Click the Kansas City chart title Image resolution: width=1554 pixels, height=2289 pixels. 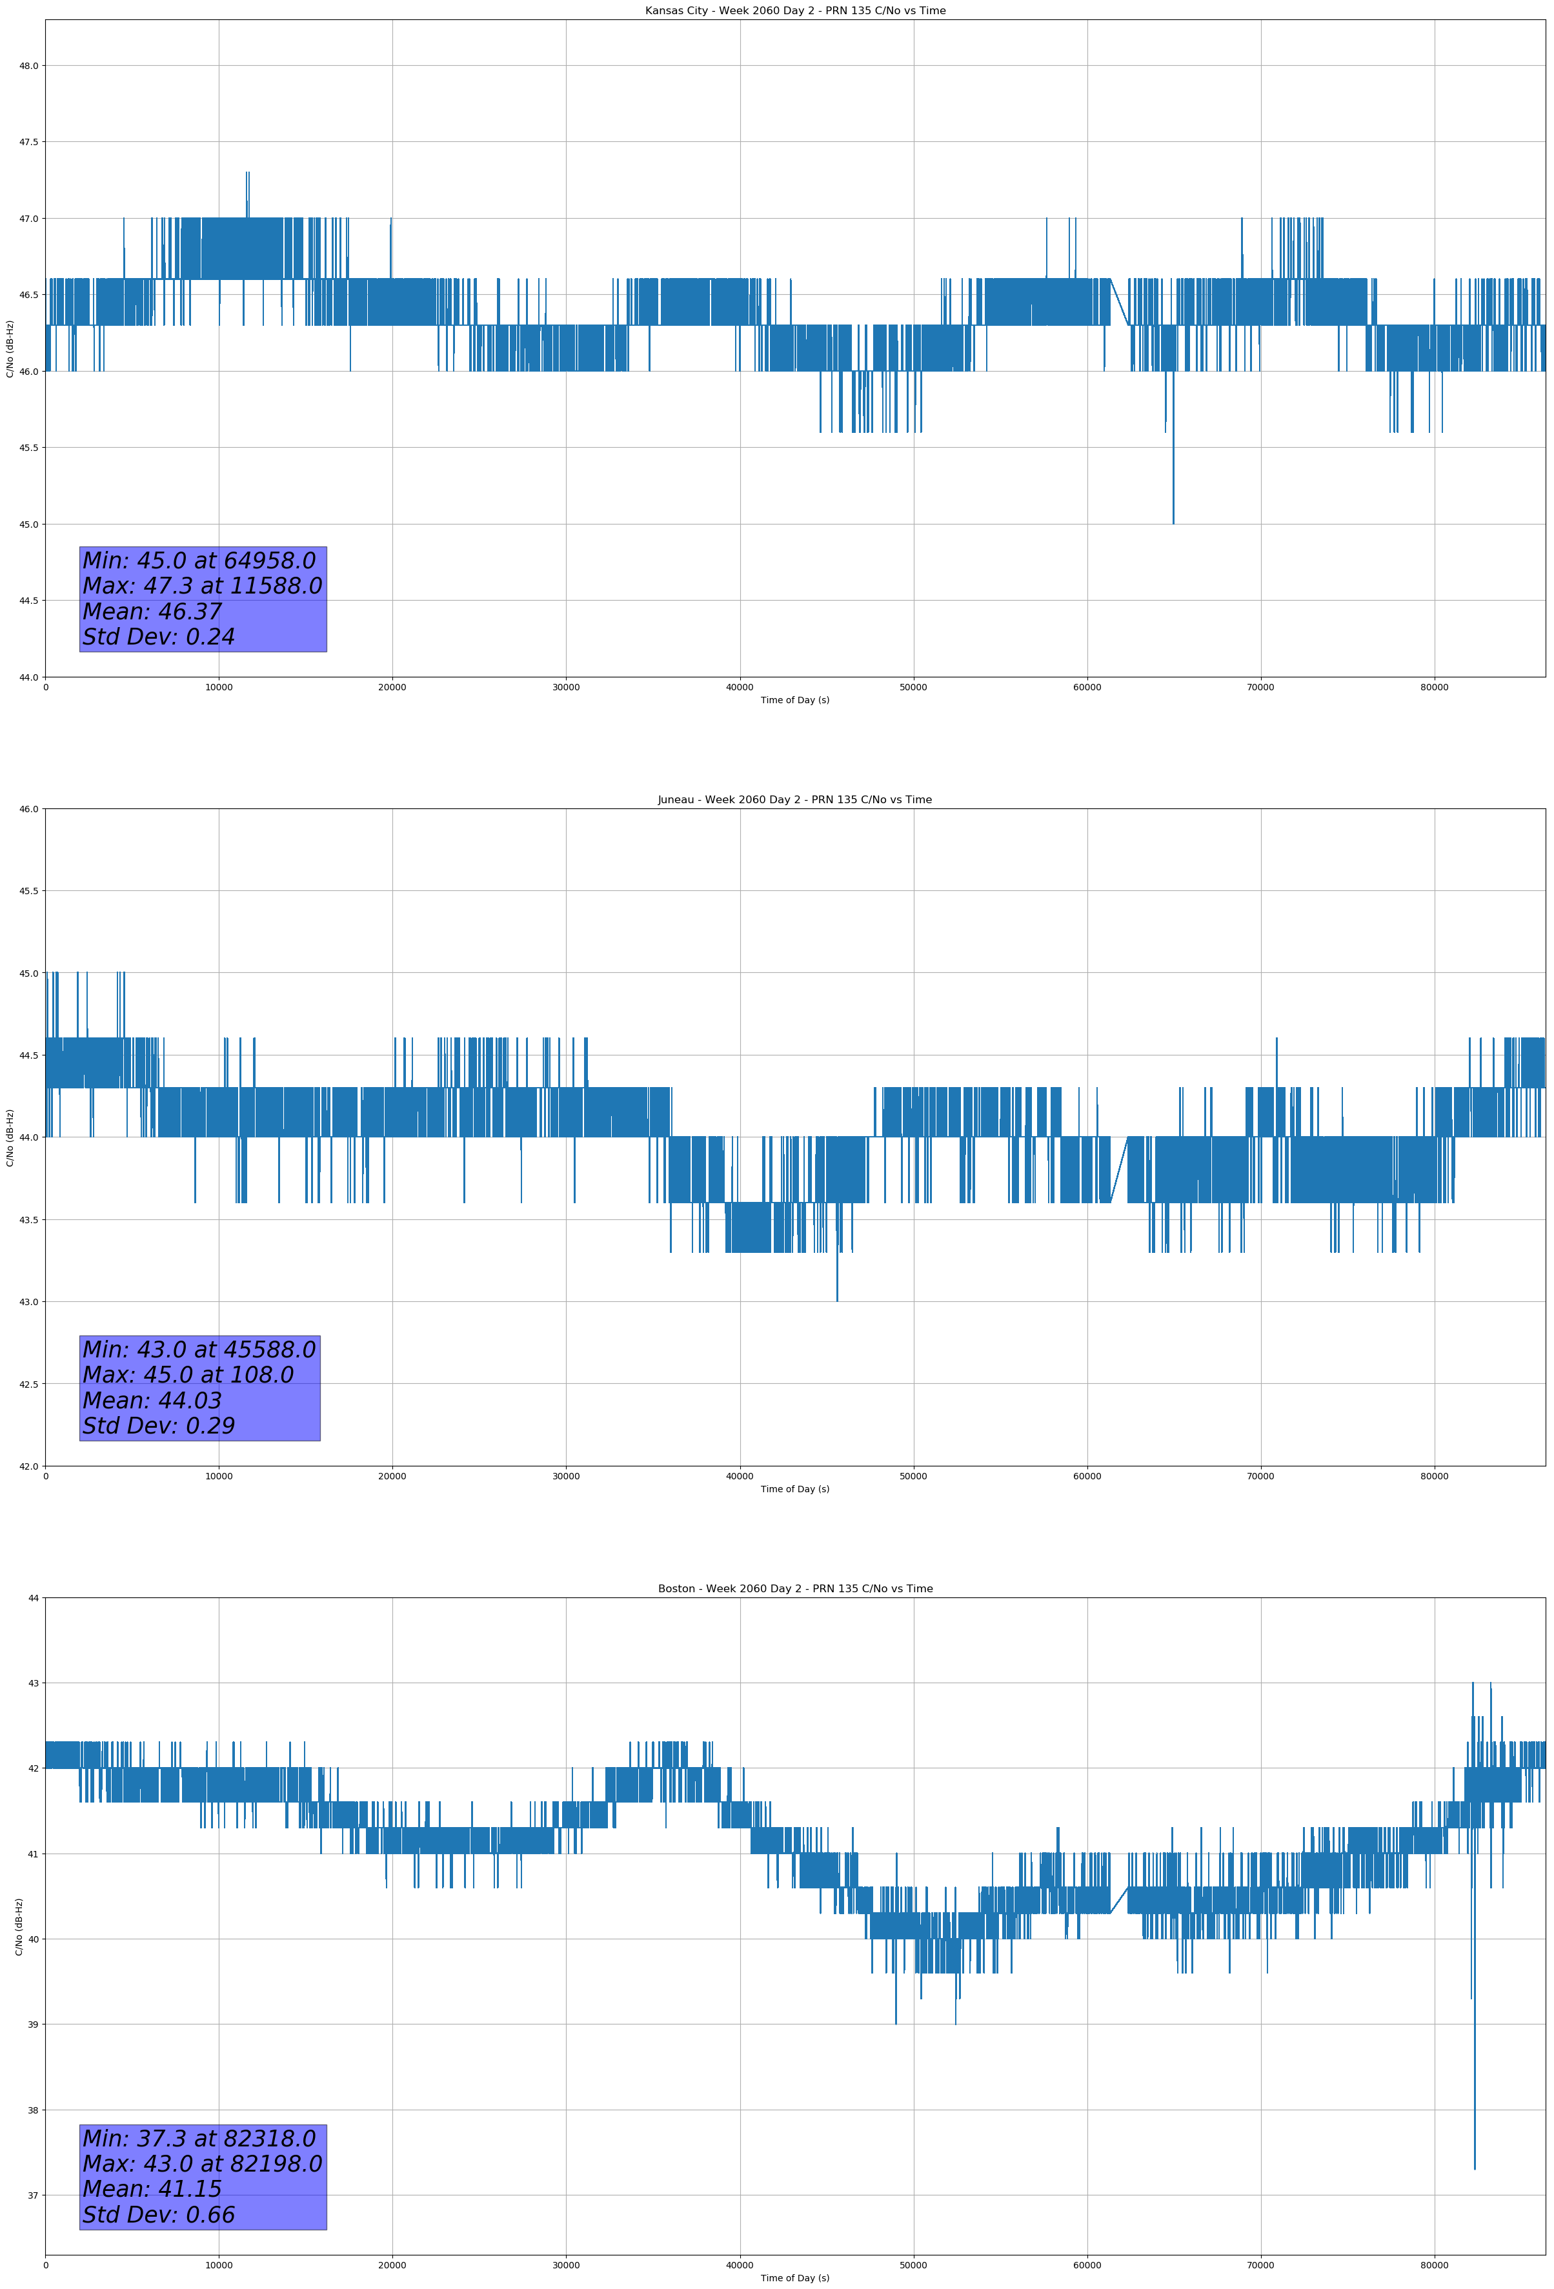pyautogui.click(x=794, y=11)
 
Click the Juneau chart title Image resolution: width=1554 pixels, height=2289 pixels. pyautogui.click(x=794, y=800)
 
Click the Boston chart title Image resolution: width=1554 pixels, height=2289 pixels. pyautogui.click(x=794, y=1589)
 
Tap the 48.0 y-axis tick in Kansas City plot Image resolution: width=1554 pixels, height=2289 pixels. pyautogui.click(x=28, y=66)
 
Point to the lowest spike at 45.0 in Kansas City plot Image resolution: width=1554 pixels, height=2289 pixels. pyautogui.click(x=1173, y=522)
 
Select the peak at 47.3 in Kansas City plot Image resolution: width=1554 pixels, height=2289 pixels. pyautogui.click(x=247, y=174)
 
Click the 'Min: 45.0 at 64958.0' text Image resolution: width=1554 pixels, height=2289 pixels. pyautogui.click(x=199, y=561)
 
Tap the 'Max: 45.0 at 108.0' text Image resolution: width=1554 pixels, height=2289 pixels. pyautogui.click(x=188, y=1375)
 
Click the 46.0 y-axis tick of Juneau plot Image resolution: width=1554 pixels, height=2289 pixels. pyautogui.click(x=28, y=810)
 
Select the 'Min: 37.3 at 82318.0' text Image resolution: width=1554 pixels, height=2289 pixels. pyautogui.click(x=199, y=2138)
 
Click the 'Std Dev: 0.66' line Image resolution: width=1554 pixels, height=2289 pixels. pyautogui.click(x=159, y=2214)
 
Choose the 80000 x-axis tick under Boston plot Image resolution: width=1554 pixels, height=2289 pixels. pyautogui.click(x=1434, y=2265)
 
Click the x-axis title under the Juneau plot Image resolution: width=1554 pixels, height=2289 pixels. pyautogui.click(x=794, y=1489)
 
